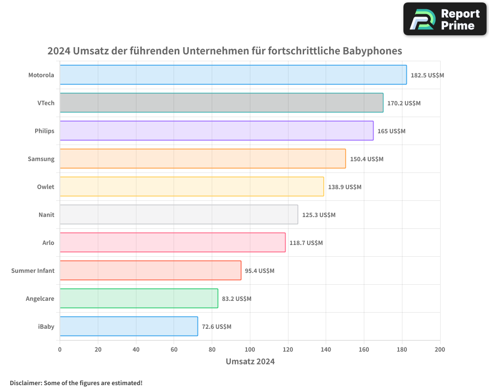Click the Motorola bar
(x=233, y=75)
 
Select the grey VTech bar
(x=221, y=103)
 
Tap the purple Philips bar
(x=216, y=131)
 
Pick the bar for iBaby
(x=129, y=326)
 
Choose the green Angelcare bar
(x=138, y=298)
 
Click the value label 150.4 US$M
(x=367, y=159)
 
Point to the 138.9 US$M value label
(x=345, y=187)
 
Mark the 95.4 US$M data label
(x=260, y=271)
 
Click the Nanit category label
(x=46, y=215)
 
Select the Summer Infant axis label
(x=33, y=271)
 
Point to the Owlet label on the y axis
(x=45, y=187)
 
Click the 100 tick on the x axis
(x=250, y=350)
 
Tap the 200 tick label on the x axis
(x=440, y=350)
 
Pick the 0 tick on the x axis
(x=60, y=350)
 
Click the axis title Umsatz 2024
(x=250, y=362)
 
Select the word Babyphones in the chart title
(x=372, y=51)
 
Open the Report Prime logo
(x=445, y=19)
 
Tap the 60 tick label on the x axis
(x=174, y=350)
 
